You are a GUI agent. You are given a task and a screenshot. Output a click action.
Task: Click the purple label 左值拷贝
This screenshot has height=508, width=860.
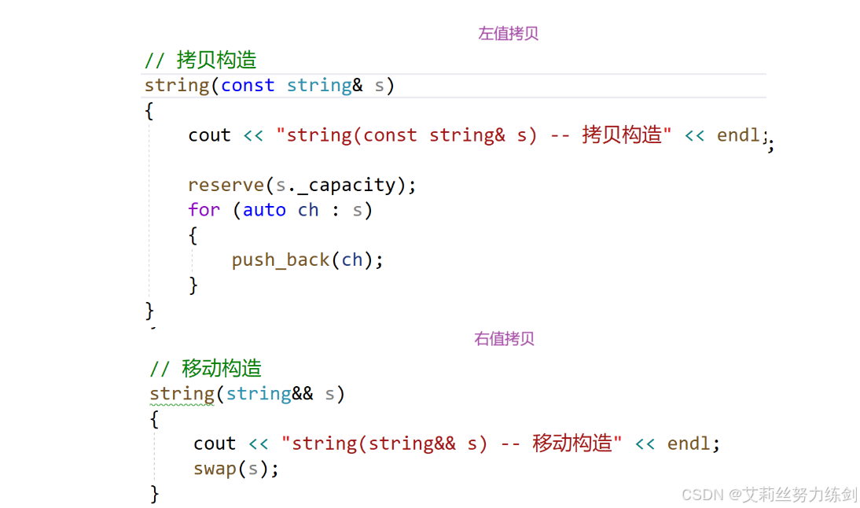pos(508,34)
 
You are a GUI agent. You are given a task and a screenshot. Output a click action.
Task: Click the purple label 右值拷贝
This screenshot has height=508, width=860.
pos(504,339)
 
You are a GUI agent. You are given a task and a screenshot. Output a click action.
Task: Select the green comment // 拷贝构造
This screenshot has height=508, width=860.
pos(200,60)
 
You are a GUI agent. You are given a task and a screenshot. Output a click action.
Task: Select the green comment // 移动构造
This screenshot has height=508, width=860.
pos(206,368)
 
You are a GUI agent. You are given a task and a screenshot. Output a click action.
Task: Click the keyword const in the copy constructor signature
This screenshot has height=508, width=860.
pos(248,85)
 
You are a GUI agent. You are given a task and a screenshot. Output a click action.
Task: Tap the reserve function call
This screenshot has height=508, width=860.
pos(226,185)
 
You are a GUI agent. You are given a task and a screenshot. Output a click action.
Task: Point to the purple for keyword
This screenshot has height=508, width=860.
pos(204,210)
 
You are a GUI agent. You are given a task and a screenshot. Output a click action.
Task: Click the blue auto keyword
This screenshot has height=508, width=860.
pos(264,210)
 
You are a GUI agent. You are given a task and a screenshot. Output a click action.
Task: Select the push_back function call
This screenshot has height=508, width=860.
pos(281,260)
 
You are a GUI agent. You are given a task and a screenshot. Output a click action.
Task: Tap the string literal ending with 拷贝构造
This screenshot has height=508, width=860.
pos(473,135)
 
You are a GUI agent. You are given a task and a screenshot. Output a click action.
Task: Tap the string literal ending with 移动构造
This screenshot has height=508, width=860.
pos(451,444)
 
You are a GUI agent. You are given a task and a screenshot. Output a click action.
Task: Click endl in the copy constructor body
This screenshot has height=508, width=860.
pos(738,135)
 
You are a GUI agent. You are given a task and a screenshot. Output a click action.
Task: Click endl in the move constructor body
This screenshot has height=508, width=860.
pos(689,444)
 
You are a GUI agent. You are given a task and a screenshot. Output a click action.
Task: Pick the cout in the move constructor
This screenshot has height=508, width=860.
pos(215,444)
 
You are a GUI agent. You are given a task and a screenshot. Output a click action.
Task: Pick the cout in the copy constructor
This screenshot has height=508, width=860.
pos(209,135)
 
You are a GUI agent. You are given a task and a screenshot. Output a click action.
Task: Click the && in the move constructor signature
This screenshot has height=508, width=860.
pos(303,393)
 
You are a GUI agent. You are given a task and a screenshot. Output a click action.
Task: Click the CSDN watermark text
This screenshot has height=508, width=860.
pos(769,494)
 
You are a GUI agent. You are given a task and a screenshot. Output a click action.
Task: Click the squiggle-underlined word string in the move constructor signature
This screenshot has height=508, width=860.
pos(182,393)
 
